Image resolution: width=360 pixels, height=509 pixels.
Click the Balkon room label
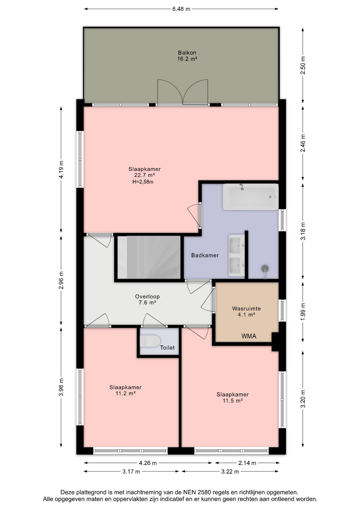pos(187,56)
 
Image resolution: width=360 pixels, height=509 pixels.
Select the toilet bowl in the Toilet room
pos(150,341)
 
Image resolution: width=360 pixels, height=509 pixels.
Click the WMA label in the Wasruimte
pos(249,336)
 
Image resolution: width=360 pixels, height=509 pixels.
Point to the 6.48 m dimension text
pos(181,9)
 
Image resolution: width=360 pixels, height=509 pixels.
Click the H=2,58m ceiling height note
pos(143,182)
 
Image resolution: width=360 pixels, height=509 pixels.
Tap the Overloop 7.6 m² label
pos(147,300)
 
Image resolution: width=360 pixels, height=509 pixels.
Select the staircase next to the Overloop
pos(149,257)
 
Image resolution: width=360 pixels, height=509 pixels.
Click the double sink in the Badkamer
pos(236,255)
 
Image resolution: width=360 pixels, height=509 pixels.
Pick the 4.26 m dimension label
pos(148,463)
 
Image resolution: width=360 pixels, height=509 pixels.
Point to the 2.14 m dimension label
pos(247,463)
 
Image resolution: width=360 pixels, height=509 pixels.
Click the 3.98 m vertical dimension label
pos(61,387)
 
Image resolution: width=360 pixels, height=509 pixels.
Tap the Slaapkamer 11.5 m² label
pos(232,397)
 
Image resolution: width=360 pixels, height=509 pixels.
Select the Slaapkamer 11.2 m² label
pos(125,390)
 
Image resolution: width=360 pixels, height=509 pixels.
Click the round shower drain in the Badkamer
pos(265,268)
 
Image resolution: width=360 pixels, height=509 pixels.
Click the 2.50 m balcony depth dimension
pos(303,65)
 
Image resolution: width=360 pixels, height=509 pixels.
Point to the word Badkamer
pos(205,255)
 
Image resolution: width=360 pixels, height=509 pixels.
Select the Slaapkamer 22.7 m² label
pos(144,172)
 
